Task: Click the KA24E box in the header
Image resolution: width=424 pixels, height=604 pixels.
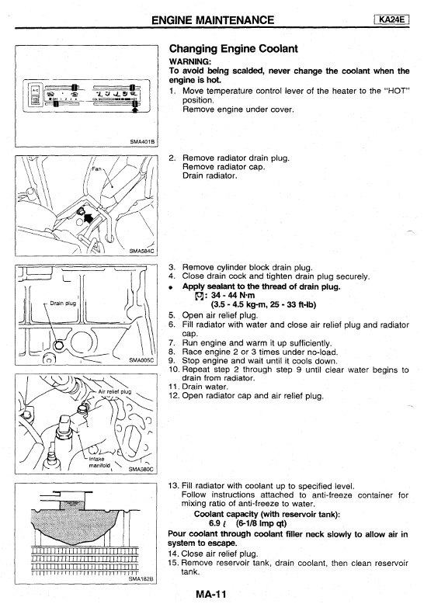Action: [391, 19]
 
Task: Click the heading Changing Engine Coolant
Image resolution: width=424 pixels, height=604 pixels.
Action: [233, 49]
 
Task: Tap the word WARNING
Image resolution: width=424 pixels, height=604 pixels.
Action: [189, 61]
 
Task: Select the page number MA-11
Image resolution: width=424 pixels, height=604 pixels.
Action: [211, 594]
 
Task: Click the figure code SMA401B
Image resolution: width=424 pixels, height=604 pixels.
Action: [142, 142]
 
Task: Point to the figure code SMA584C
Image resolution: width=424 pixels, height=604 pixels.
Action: [141, 251]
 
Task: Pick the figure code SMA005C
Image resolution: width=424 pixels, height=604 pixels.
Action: [141, 360]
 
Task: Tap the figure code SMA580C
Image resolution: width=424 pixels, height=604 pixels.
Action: [141, 469]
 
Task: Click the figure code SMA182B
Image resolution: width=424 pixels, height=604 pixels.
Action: [141, 578]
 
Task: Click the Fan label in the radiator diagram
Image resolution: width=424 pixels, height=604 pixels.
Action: [96, 168]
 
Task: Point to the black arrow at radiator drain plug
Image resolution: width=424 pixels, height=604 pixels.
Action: [89, 218]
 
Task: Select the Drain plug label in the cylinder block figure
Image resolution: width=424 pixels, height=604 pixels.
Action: [63, 303]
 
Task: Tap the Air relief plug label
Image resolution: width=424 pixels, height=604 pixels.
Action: [115, 392]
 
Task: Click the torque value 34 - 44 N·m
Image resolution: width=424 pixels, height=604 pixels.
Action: [233, 296]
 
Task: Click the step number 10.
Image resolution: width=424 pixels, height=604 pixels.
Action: [174, 370]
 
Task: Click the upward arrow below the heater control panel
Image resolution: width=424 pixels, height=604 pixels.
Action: [134, 109]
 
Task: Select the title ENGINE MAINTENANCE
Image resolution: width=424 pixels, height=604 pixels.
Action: [213, 19]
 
